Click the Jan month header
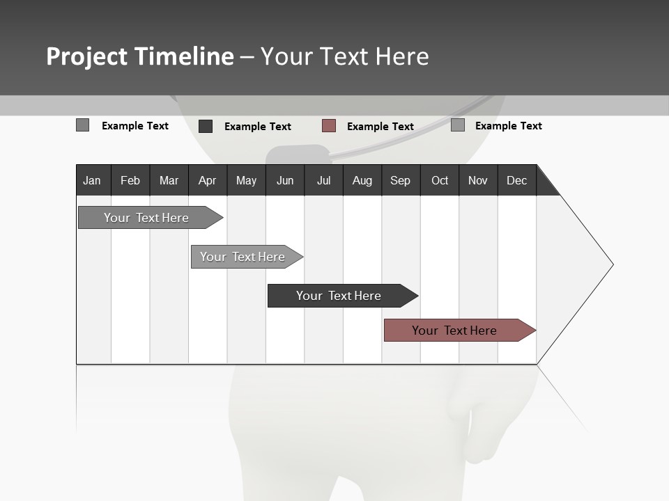click(x=92, y=180)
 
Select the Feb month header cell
click(x=130, y=180)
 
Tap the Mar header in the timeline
click(x=169, y=180)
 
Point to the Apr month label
click(x=207, y=180)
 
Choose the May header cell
click(x=246, y=180)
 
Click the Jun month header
click(x=285, y=180)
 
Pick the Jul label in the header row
click(x=323, y=180)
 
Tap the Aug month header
click(x=362, y=180)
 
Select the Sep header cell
click(x=400, y=180)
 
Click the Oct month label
click(x=440, y=180)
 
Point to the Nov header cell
click(x=478, y=180)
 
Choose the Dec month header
click(x=516, y=180)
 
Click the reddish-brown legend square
click(x=329, y=126)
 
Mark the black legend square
click(x=206, y=126)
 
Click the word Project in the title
click(x=87, y=56)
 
